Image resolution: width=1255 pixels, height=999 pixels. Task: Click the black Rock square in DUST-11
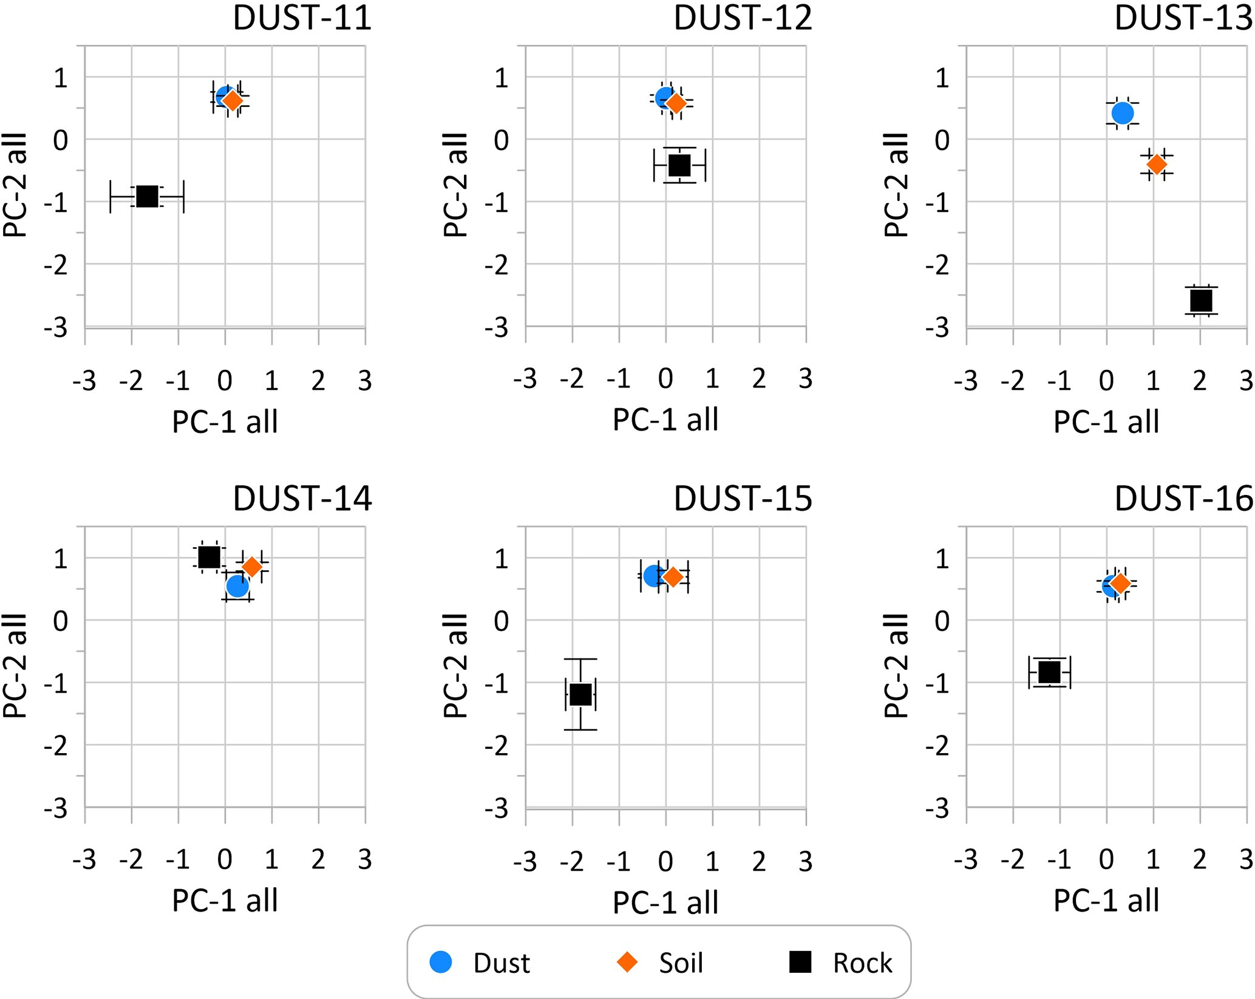click(147, 196)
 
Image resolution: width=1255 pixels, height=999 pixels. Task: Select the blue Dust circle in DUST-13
click(1123, 113)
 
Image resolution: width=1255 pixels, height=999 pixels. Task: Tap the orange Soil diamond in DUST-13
click(1157, 164)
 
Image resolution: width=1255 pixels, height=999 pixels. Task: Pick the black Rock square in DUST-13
click(1201, 300)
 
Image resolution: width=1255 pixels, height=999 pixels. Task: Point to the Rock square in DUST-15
click(580, 694)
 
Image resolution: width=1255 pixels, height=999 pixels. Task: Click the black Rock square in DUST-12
click(679, 165)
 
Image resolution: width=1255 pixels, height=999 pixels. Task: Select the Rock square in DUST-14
click(209, 556)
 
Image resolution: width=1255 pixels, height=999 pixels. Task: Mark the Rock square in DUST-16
click(1049, 672)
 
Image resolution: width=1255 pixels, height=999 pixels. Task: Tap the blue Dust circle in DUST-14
click(237, 586)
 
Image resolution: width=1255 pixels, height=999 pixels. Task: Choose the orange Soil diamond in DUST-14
click(252, 567)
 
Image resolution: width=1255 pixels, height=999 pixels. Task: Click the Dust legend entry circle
click(441, 962)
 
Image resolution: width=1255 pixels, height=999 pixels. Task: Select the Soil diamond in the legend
click(627, 962)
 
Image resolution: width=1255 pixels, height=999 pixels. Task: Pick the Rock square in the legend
click(800, 962)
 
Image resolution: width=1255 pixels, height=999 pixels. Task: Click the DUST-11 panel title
click(302, 18)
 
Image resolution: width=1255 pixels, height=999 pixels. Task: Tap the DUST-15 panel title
click(743, 499)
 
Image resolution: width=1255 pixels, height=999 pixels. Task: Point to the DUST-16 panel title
click(1183, 499)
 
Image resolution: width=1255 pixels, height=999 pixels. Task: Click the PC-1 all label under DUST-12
click(665, 420)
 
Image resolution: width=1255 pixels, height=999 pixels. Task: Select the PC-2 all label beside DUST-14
click(15, 666)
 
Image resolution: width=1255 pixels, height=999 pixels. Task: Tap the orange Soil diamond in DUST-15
click(673, 576)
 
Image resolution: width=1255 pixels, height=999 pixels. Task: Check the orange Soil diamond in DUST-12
click(676, 104)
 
